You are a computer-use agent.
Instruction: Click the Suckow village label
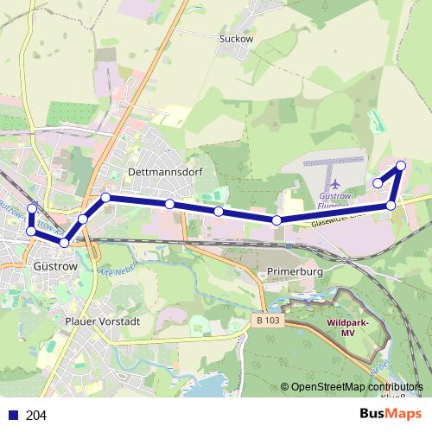click(234, 38)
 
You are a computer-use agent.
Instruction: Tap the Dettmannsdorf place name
click(164, 172)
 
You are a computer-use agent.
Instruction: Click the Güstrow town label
click(55, 267)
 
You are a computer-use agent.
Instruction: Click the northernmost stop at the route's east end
click(401, 166)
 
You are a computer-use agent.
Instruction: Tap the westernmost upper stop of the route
click(33, 208)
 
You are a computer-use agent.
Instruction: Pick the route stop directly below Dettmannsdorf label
click(170, 204)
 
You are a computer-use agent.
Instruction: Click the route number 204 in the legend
click(37, 416)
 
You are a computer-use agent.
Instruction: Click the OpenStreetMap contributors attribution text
click(358, 388)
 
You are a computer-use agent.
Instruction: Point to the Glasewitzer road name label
click(327, 220)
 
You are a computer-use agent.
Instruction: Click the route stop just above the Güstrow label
click(64, 242)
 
